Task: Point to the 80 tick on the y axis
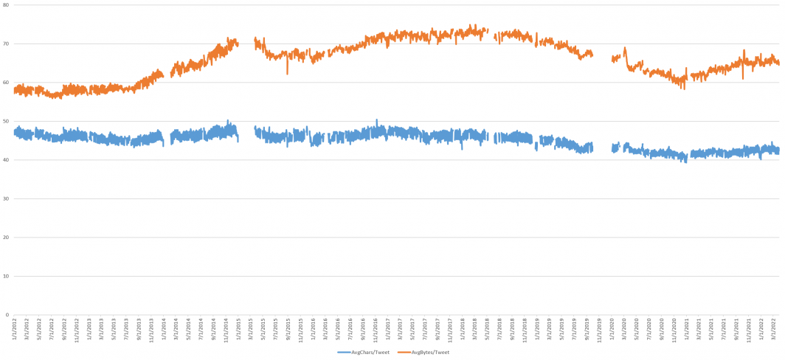point(5,5)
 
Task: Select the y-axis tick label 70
point(5,44)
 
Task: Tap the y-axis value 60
point(5,83)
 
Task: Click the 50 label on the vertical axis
point(5,121)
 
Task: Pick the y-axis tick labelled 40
point(5,160)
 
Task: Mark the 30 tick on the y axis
point(5,198)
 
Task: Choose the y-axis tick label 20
point(5,238)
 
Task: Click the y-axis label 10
point(5,276)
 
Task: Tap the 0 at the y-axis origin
point(7,315)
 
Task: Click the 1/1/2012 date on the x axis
point(14,328)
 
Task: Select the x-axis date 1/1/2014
point(164,328)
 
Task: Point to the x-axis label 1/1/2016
point(313,328)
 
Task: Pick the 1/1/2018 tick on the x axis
point(463,328)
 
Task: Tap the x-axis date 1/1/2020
point(612,328)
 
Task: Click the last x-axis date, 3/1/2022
point(773,328)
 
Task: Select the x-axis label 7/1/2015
point(275,328)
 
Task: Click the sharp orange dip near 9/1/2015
point(288,73)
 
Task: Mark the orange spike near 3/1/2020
point(625,49)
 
